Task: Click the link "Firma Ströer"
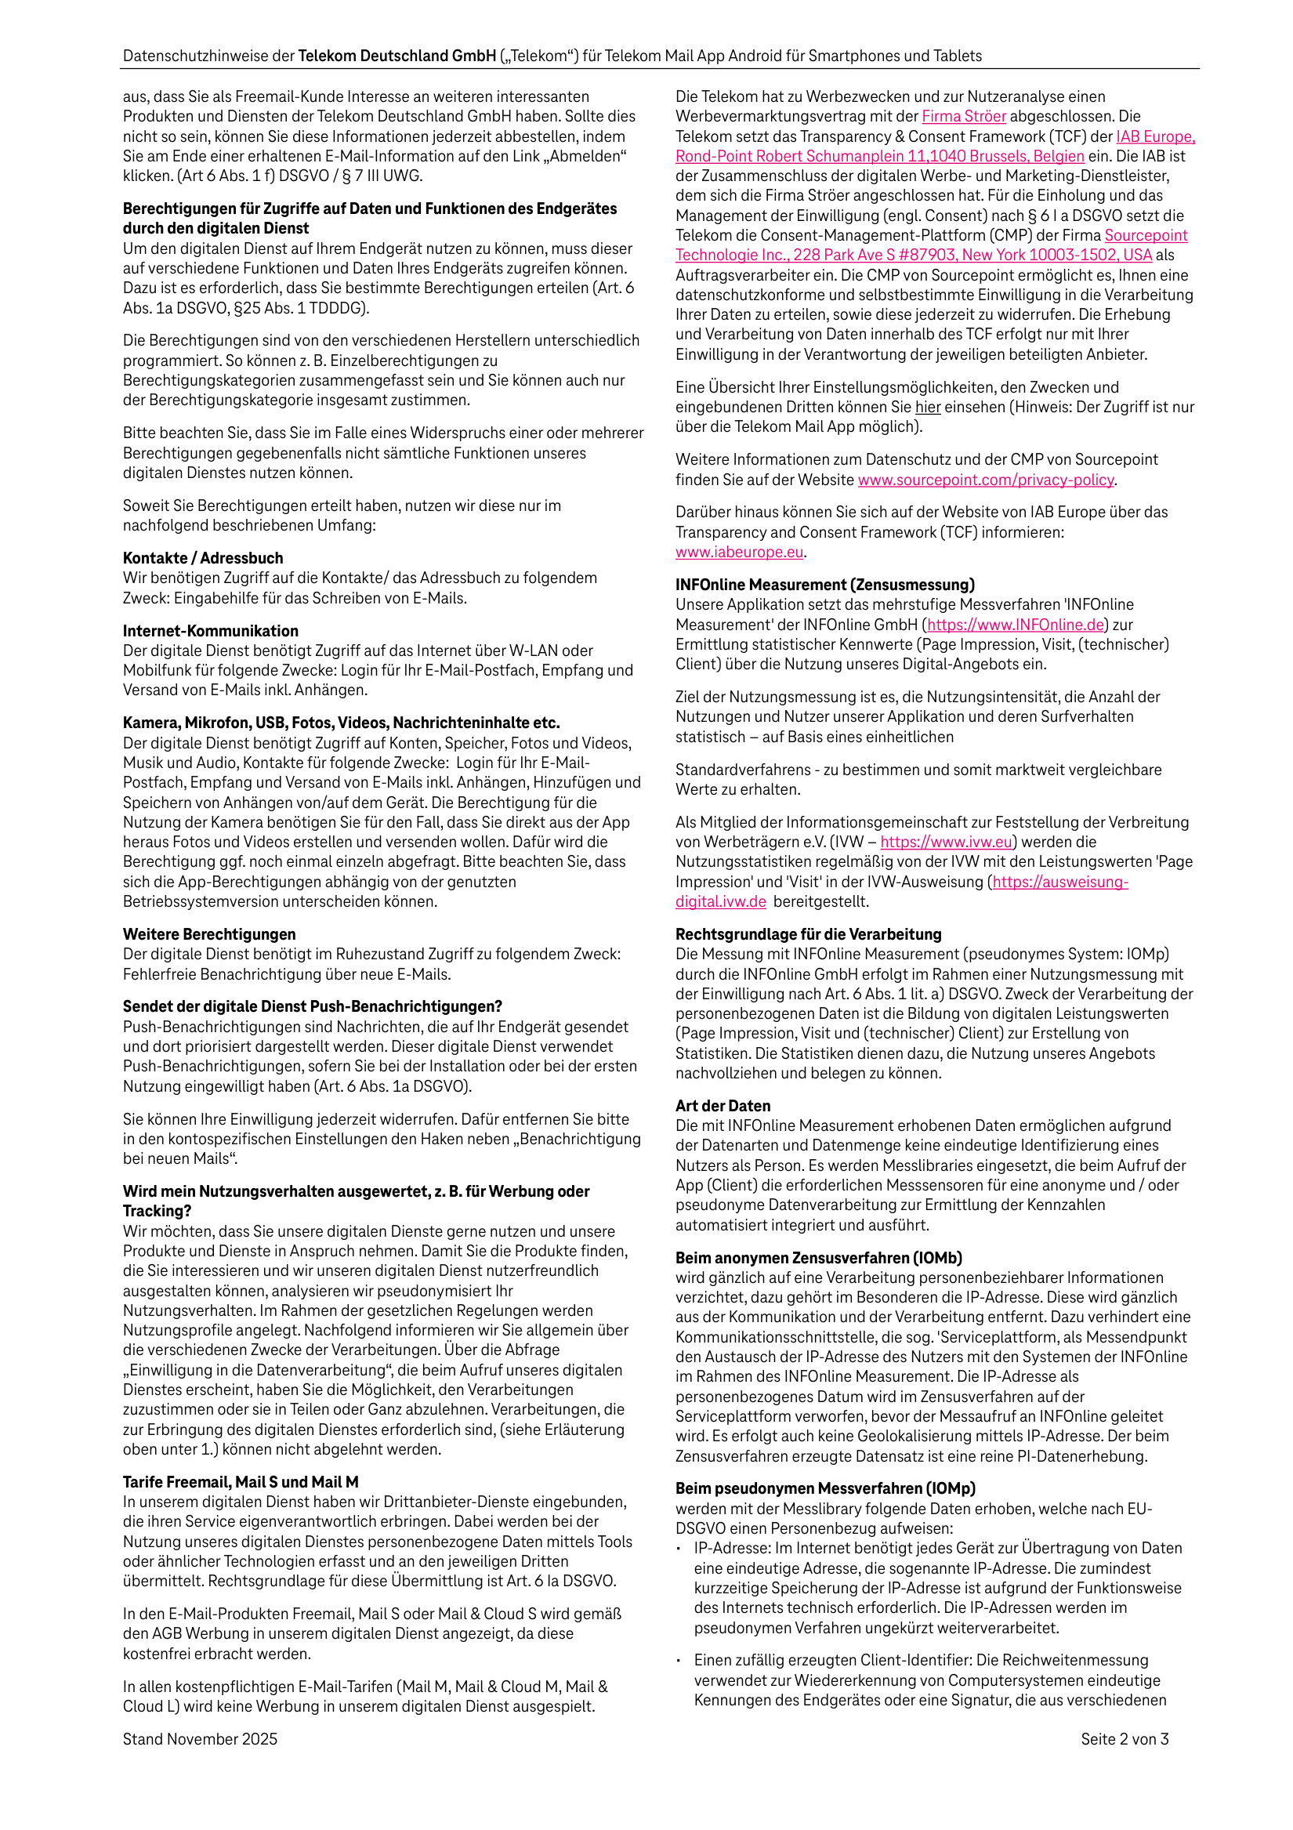(964, 116)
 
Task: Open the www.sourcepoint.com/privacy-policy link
(985, 480)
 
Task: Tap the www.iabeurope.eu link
(739, 552)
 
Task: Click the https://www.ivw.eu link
(946, 842)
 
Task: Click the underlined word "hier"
(927, 408)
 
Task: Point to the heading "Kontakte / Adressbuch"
(202, 558)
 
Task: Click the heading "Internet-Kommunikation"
(211, 630)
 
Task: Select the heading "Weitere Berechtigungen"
(209, 934)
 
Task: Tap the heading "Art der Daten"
(723, 1106)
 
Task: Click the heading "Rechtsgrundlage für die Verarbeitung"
(809, 934)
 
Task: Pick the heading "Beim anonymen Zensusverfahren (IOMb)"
(819, 1258)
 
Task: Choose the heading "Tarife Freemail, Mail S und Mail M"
(240, 1482)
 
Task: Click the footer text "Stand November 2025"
(200, 1739)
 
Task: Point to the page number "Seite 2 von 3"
(1124, 1739)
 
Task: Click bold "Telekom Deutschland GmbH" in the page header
(397, 56)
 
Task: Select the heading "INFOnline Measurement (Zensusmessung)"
(825, 584)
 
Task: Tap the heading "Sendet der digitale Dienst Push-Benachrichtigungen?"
(313, 1006)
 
